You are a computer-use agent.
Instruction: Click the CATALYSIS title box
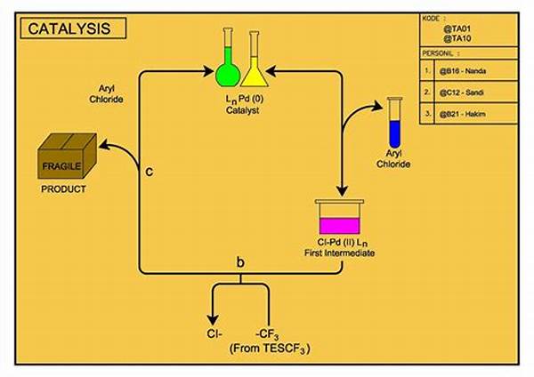point(70,28)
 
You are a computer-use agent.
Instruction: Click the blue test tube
point(394,124)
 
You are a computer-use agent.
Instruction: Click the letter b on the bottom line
point(240,262)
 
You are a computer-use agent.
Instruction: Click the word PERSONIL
point(442,52)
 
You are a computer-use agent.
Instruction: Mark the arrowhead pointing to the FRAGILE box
point(105,142)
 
